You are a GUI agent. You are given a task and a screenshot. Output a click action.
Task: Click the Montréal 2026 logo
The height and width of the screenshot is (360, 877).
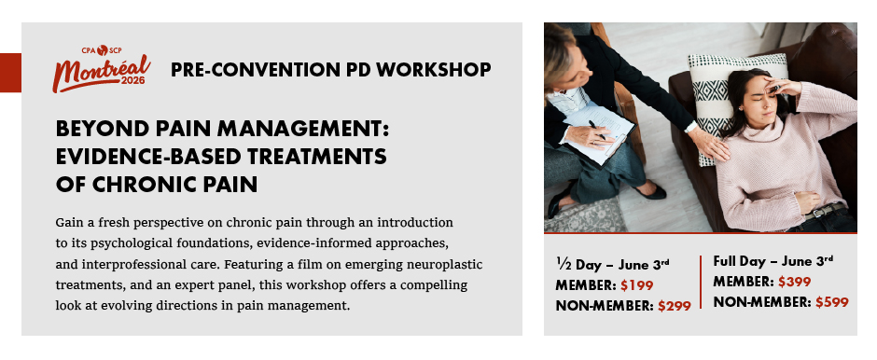point(102,69)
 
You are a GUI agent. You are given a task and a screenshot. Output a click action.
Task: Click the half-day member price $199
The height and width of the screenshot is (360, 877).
point(636,285)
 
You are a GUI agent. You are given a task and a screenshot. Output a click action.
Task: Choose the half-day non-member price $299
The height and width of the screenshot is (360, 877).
point(674,306)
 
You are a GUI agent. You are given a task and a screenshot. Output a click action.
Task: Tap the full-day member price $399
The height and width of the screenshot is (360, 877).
point(794,282)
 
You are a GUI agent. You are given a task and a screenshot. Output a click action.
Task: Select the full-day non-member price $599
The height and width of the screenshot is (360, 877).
point(831,302)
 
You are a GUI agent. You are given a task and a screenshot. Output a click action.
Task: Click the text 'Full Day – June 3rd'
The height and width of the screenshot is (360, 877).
point(773,261)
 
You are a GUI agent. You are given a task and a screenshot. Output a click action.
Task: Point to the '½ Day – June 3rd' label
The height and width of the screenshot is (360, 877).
point(612,264)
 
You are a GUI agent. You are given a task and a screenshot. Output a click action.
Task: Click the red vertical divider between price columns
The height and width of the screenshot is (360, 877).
point(701,282)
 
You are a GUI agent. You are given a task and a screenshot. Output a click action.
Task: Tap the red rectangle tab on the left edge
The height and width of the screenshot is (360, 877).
point(10,73)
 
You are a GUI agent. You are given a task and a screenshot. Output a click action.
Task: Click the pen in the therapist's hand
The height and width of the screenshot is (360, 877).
point(597,130)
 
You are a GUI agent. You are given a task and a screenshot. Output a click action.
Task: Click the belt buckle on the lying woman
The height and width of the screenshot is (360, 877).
point(816,213)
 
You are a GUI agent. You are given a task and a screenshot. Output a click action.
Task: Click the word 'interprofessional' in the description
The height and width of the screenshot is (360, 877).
point(147,265)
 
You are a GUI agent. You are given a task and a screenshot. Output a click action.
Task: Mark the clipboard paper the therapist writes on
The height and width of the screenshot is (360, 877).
point(597,133)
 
